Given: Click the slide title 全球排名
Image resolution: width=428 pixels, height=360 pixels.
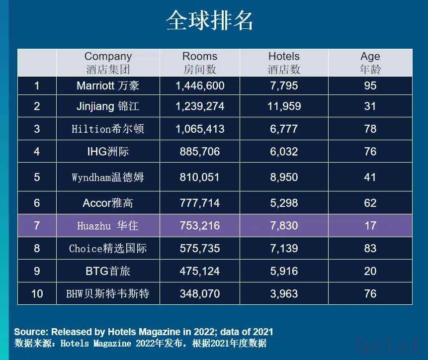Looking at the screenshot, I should [x=210, y=21].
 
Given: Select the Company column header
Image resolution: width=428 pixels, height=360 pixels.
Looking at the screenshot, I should [x=108, y=63].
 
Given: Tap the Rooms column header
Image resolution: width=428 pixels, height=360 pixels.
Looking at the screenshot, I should [x=200, y=63].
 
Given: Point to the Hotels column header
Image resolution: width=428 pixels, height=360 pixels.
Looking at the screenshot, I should [x=284, y=63].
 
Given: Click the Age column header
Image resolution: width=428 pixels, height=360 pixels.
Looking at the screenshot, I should [x=370, y=63].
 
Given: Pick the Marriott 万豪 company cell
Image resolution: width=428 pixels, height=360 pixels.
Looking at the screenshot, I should [x=108, y=86].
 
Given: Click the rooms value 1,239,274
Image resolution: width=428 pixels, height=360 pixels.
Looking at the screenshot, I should [x=200, y=106].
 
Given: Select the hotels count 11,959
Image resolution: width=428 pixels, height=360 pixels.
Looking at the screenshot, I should [x=284, y=106].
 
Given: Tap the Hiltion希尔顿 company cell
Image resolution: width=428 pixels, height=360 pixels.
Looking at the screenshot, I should [x=108, y=129].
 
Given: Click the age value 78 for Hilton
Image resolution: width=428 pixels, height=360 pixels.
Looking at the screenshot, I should [x=370, y=129].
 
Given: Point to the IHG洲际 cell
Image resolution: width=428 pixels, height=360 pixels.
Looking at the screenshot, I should [x=108, y=152].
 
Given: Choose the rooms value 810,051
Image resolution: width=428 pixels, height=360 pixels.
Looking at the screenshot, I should [x=200, y=177].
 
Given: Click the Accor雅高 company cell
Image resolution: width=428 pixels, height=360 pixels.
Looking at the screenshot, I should [x=108, y=203].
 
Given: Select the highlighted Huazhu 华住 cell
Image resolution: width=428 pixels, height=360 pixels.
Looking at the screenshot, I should [x=108, y=226].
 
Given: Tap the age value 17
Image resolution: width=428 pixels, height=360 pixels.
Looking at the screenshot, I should [x=370, y=226].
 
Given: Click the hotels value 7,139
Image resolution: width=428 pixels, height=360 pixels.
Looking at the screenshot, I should [x=284, y=248].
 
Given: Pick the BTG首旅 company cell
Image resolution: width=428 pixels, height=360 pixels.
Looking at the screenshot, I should [x=108, y=271].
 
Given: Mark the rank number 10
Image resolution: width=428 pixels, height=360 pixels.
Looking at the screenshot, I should [x=37, y=294].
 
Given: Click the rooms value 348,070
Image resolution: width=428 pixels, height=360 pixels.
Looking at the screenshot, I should [x=200, y=294].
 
